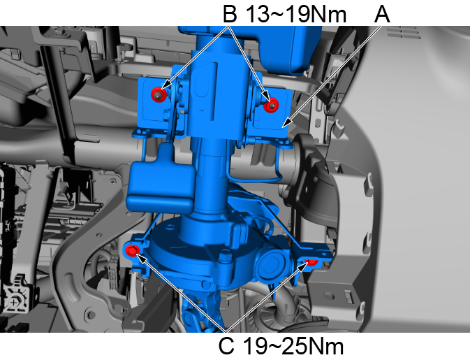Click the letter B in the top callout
tap(230, 14)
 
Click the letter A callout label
tap(382, 14)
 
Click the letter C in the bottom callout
tap(226, 346)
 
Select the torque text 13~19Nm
tap(296, 14)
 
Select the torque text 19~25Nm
tap(293, 346)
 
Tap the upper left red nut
tap(159, 94)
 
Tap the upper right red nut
tap(271, 106)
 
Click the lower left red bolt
tap(132, 250)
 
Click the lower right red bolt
tap(311, 261)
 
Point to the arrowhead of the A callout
tap(285, 124)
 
